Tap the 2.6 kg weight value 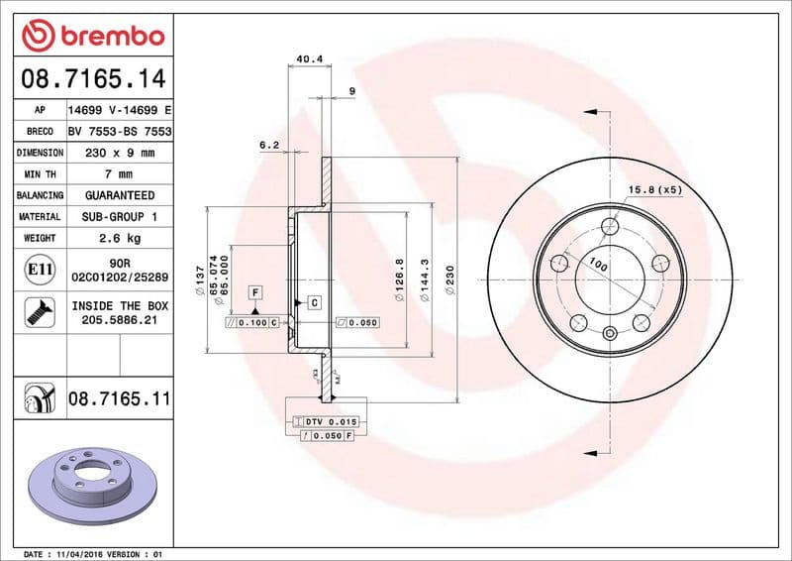click(x=119, y=238)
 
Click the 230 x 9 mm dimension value click(x=119, y=153)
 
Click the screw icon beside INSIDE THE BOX click(x=35, y=313)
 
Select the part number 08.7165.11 click(x=119, y=398)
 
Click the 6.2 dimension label click(x=269, y=145)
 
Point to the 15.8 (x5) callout click(x=655, y=188)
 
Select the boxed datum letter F click(x=255, y=292)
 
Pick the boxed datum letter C click(x=313, y=302)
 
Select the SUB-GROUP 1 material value click(x=119, y=216)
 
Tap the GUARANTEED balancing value click(x=119, y=195)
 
